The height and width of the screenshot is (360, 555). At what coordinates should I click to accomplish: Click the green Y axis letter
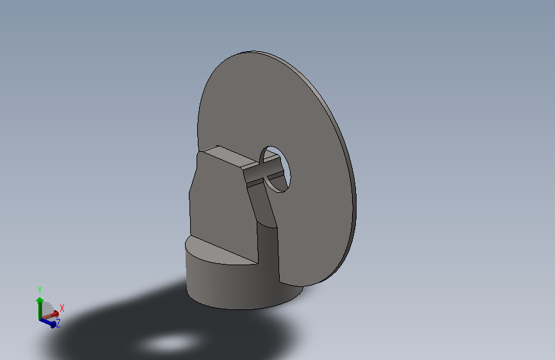40,290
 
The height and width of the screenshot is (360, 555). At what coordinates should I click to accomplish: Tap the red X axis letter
62,308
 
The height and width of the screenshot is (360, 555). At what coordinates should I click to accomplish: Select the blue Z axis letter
58,323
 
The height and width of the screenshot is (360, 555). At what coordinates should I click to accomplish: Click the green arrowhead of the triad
40,300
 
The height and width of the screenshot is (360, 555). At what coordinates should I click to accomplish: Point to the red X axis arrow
51,315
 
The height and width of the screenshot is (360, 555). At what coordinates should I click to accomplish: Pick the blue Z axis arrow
48,323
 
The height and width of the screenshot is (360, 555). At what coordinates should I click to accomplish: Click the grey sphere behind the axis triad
47,308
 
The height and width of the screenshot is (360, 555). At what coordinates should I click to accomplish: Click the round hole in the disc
275,168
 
